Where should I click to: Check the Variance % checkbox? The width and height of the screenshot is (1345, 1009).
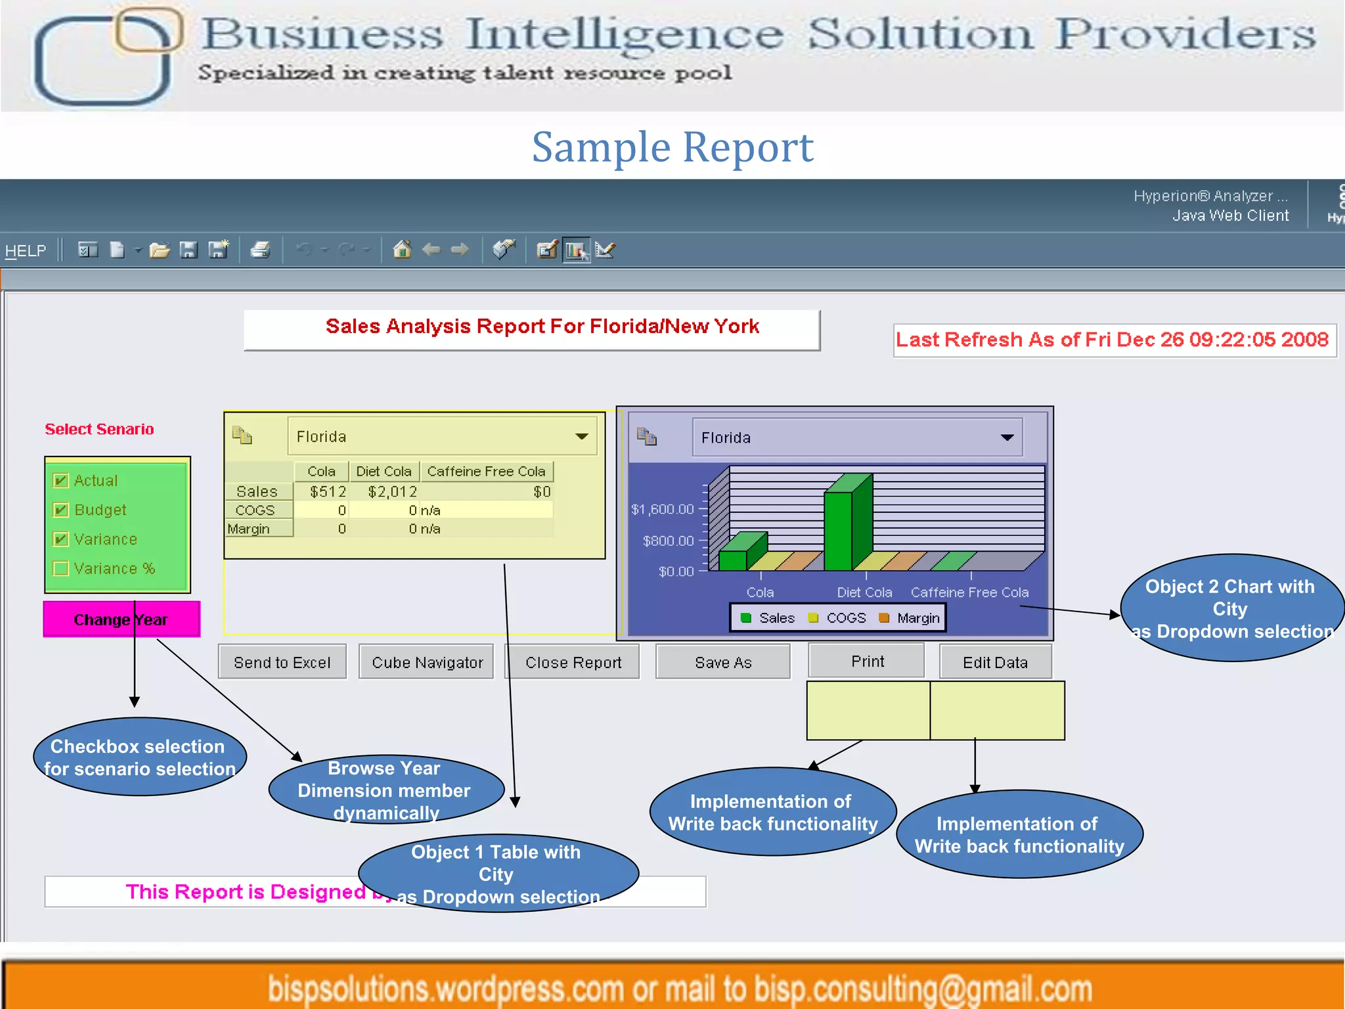61,568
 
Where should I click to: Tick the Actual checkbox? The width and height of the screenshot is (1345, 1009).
61,480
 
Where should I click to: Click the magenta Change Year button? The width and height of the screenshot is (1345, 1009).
121,619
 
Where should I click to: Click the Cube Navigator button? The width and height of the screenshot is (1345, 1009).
427,662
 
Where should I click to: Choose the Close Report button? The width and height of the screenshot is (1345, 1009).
573,662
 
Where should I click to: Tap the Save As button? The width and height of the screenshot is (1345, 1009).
723,662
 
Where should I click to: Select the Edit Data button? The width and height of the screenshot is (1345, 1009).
995,662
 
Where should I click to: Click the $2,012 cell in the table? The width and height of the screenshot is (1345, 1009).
392,491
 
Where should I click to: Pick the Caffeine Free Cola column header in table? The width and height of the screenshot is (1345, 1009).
486,471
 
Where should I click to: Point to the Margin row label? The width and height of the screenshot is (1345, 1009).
250,529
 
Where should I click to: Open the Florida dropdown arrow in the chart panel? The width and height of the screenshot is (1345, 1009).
1007,437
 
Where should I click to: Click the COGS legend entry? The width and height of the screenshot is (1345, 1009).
839,618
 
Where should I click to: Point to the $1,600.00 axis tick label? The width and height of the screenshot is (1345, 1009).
662,509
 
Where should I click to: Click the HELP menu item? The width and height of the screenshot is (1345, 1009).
26,250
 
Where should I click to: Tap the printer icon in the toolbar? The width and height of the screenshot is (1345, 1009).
260,250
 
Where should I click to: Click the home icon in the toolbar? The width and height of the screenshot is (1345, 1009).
402,250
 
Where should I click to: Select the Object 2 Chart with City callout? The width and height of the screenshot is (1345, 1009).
1229,608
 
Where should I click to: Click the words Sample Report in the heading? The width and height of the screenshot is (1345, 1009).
672,147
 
